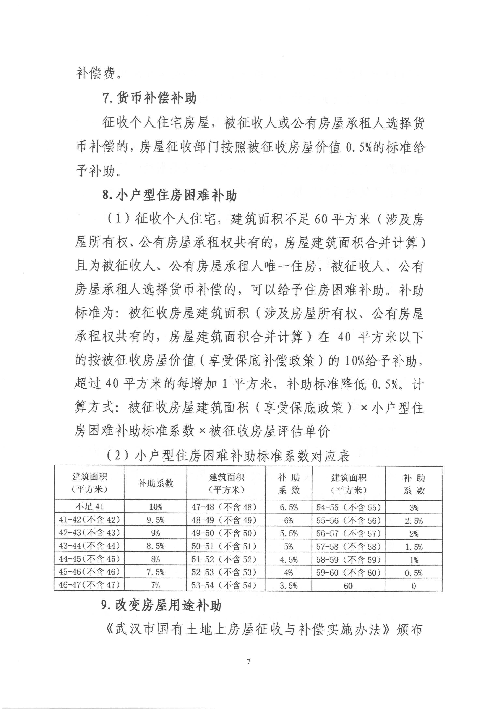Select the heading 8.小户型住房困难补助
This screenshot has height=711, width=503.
pyautogui.click(x=170, y=196)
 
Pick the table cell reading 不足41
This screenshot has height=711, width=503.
pyautogui.click(x=89, y=507)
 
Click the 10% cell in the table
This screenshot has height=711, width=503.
pyautogui.click(x=156, y=507)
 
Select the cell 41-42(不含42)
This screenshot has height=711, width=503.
pyautogui.click(x=89, y=520)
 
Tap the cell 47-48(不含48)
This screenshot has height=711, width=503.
pyautogui.click(x=226, y=507)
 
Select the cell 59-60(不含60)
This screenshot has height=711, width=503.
pyautogui.click(x=348, y=572)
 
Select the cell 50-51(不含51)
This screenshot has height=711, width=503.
pyautogui.click(x=226, y=546)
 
